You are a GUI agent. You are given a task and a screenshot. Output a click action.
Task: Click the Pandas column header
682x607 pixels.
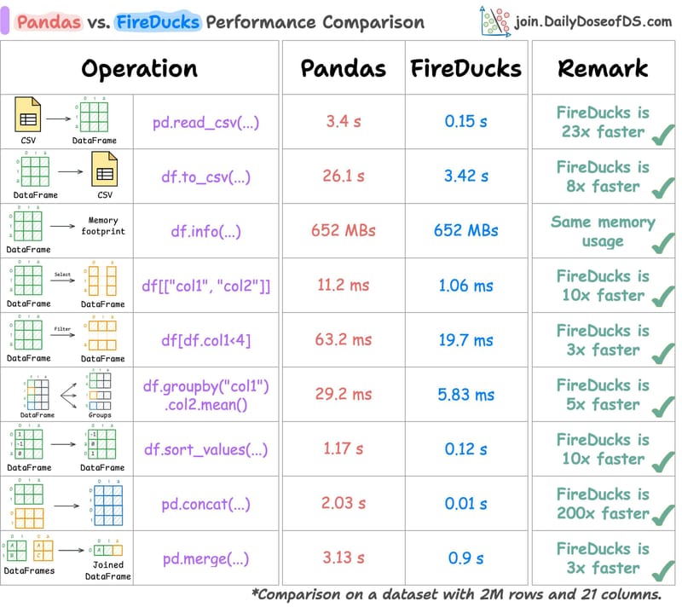pyautogui.click(x=343, y=68)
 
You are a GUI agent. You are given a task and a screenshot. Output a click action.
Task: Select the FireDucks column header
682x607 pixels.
pyautogui.click(x=465, y=68)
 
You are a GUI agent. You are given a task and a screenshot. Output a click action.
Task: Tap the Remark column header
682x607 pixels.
pyautogui.click(x=603, y=68)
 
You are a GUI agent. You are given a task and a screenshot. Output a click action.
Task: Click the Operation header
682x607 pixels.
pyautogui.click(x=139, y=68)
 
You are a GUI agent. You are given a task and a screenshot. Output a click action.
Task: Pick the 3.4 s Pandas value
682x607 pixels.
pyautogui.click(x=344, y=121)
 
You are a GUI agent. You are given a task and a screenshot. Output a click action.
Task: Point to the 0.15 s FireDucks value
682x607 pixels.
pyautogui.click(x=465, y=121)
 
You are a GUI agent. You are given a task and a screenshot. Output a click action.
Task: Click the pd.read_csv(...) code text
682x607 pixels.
pyautogui.click(x=206, y=121)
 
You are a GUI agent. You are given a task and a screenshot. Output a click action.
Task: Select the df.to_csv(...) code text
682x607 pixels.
pyautogui.click(x=206, y=176)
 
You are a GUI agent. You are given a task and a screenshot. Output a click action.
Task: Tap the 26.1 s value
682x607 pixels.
pyautogui.click(x=344, y=176)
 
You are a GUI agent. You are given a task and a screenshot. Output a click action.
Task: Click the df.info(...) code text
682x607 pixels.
pyautogui.click(x=206, y=230)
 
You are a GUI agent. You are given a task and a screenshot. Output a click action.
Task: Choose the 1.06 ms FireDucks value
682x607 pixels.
pyautogui.click(x=465, y=285)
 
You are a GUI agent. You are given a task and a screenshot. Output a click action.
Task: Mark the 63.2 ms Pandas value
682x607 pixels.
pyautogui.click(x=344, y=339)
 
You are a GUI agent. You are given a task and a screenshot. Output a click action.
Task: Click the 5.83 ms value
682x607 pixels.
pyautogui.click(x=465, y=394)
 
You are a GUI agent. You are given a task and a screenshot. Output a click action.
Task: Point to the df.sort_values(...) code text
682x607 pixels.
pyautogui.click(x=206, y=448)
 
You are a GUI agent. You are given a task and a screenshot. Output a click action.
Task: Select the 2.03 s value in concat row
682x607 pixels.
pyautogui.click(x=344, y=503)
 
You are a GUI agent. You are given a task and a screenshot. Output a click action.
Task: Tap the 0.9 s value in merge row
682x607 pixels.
pyautogui.click(x=465, y=558)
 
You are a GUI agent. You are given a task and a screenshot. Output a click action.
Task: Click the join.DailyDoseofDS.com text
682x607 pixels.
pyautogui.click(x=593, y=21)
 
